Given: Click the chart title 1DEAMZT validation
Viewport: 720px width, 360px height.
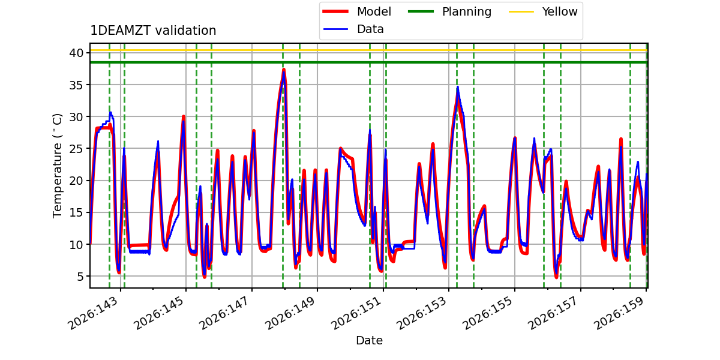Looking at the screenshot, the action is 153,31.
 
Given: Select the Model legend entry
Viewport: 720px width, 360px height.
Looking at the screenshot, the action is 357,11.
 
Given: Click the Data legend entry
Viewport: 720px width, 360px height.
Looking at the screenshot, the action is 353,29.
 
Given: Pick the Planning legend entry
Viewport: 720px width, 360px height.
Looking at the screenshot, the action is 449,11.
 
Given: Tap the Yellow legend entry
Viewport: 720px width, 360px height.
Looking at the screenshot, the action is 543,11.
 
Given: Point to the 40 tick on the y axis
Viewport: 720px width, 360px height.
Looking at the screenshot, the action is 76,53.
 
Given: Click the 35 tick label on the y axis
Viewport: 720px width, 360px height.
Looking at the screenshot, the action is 76,85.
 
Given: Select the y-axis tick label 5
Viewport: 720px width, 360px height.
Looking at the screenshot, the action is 80,277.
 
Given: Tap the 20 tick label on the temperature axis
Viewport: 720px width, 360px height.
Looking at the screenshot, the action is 76,181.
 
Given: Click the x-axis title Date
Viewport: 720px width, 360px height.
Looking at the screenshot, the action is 369,340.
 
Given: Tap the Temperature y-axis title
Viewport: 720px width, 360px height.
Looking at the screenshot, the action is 57,166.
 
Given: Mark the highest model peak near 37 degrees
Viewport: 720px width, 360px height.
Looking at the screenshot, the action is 284,70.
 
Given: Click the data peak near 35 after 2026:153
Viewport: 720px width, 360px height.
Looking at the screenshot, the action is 458,87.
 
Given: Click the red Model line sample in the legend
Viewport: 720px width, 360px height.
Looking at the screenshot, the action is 335,11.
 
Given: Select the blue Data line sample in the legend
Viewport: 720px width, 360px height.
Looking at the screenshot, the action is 335,29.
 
